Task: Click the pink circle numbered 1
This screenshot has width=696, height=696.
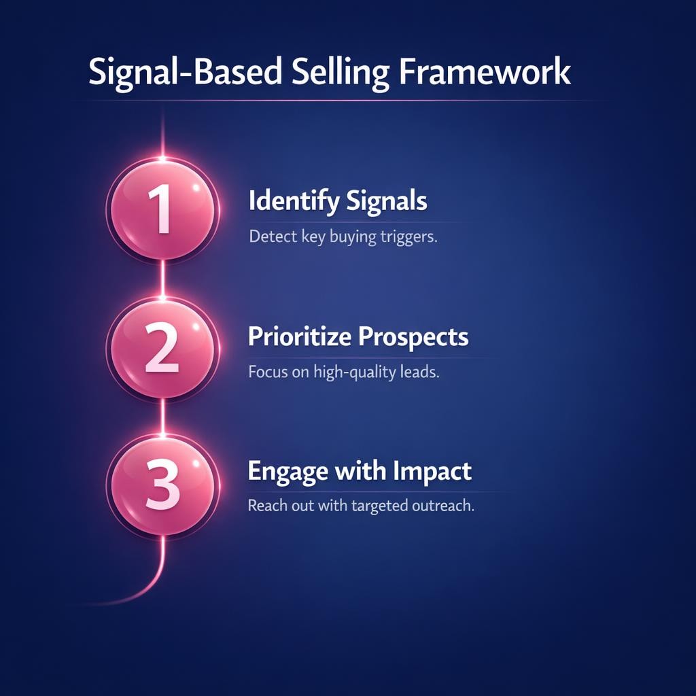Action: click(x=162, y=209)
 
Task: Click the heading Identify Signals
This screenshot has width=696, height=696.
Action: click(x=338, y=202)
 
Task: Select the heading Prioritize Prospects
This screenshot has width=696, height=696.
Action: click(x=358, y=337)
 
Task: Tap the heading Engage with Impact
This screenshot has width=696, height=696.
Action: click(x=360, y=472)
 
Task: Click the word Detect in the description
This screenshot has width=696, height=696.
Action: click(x=270, y=237)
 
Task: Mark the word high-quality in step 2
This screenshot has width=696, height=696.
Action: click(x=354, y=373)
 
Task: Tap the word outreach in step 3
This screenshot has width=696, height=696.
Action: click(x=446, y=507)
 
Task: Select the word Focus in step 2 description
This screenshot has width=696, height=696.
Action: click(x=267, y=372)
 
